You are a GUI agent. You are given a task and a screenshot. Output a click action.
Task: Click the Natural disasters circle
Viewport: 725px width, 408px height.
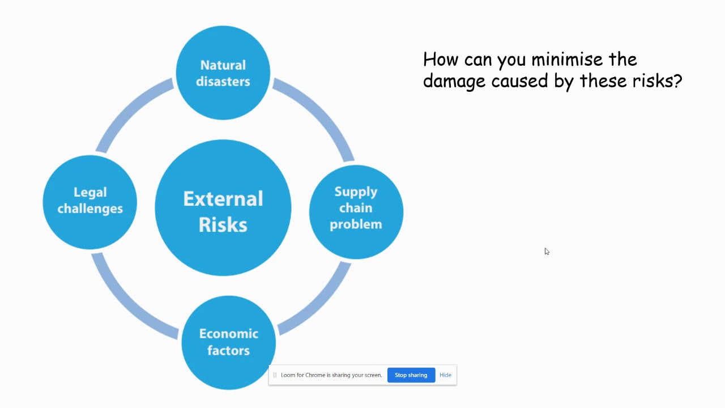tap(223, 73)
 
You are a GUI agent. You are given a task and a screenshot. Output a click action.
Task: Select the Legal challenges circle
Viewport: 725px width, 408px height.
tap(90, 201)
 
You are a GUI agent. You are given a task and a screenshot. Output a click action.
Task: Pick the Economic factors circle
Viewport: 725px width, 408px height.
tap(228, 342)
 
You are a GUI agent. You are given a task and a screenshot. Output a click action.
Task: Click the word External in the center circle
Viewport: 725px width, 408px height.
tap(223, 199)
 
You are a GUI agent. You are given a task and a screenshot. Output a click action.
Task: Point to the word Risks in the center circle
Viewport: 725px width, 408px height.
tap(223, 225)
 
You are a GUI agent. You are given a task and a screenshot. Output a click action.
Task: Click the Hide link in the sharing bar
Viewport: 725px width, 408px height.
tap(445, 375)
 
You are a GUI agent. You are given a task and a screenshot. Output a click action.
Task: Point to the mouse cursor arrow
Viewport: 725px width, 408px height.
tap(547, 251)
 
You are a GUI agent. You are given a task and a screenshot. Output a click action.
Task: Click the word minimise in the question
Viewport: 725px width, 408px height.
tap(567, 59)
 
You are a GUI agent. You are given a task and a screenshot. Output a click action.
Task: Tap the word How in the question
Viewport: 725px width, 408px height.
tap(441, 59)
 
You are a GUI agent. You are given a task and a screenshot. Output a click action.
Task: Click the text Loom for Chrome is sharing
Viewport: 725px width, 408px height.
tap(331, 375)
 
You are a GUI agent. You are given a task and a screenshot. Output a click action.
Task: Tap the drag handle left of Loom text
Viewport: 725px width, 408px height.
tap(275, 375)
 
